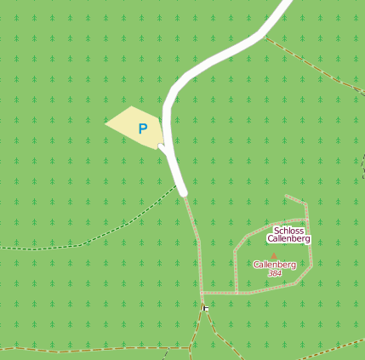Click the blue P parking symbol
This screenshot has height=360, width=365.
click(143, 129)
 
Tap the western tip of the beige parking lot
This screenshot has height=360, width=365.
click(107, 123)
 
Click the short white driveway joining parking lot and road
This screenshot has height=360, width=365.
click(163, 149)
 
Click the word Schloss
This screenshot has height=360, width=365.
click(288, 231)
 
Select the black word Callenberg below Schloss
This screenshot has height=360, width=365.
click(288, 239)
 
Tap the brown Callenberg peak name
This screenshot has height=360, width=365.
click(274, 265)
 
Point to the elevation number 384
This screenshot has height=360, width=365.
click(274, 273)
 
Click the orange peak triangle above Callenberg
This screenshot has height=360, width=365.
click(274, 254)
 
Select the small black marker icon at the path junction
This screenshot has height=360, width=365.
click(206, 307)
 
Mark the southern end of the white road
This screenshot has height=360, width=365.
click(183, 192)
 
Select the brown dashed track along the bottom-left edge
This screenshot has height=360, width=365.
click(77, 350)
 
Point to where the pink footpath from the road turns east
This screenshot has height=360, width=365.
click(202, 293)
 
